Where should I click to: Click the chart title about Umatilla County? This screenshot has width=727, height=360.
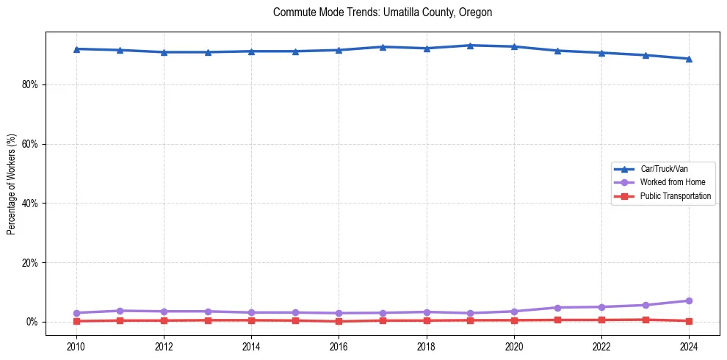pyautogui.click(x=382, y=12)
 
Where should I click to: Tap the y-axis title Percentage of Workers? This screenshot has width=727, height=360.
pyautogui.click(x=12, y=184)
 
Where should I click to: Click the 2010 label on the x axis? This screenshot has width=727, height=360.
pyautogui.click(x=76, y=346)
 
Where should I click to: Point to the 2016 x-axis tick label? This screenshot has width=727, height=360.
pyautogui.click(x=339, y=346)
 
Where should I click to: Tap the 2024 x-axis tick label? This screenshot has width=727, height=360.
pyautogui.click(x=689, y=346)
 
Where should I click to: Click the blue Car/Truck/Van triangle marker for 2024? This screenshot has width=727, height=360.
pyautogui.click(x=689, y=59)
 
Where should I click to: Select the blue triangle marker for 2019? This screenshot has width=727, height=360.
pyautogui.click(x=470, y=46)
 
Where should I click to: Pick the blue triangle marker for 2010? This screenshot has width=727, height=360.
pyautogui.click(x=76, y=48)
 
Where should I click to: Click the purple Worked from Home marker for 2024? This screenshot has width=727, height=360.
pyautogui.click(x=689, y=300)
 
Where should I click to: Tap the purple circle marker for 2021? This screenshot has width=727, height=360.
pyautogui.click(x=557, y=308)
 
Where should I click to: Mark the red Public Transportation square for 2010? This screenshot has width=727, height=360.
pyautogui.click(x=76, y=321)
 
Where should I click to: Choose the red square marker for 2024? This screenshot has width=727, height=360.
pyautogui.click(x=689, y=321)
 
